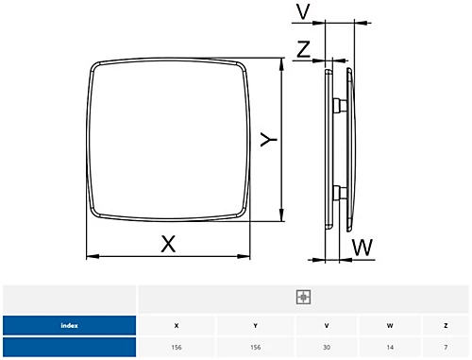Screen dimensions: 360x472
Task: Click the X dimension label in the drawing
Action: [168, 243]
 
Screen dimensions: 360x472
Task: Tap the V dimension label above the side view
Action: [303, 12]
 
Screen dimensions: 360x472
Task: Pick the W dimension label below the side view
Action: [362, 248]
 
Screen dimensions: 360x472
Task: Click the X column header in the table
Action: [177, 326]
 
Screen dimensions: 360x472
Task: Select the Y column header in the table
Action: [255, 326]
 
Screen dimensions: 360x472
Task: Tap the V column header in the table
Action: [327, 326]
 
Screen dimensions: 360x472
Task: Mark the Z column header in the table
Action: [446, 326]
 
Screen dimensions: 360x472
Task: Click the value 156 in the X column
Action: [177, 348]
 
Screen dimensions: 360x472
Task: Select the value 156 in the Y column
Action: [255, 348]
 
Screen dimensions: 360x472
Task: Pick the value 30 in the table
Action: [327, 348]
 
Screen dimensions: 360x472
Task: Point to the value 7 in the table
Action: [446, 348]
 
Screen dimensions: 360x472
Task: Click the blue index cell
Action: [69, 326]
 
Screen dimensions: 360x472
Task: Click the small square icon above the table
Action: [302, 297]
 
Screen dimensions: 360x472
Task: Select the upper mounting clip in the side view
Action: [335, 103]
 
